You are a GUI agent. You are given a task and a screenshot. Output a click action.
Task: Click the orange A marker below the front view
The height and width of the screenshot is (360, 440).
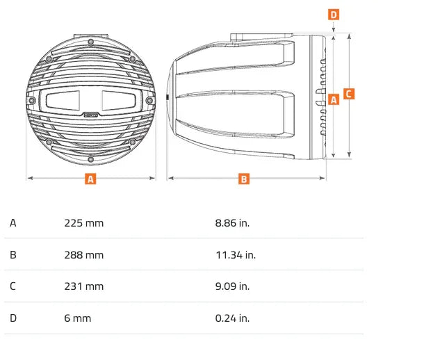[x=90, y=179]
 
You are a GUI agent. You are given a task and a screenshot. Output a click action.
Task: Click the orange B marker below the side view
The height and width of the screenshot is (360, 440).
[x=244, y=179]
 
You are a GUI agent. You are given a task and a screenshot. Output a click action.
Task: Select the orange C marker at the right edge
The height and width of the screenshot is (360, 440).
[x=350, y=94]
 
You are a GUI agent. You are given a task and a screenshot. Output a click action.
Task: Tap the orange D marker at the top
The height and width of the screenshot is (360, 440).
[x=334, y=14]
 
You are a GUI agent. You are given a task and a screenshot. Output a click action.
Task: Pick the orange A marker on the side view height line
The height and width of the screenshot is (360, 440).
[x=334, y=99]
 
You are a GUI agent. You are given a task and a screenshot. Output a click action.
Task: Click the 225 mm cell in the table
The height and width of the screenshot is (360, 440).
[x=83, y=223]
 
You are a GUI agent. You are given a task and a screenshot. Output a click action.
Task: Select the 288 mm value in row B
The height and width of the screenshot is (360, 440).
[x=83, y=255]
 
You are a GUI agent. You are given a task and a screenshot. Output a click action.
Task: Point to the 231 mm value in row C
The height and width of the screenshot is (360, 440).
[x=83, y=286]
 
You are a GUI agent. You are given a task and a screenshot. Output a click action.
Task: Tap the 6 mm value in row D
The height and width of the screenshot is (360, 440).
[x=78, y=318]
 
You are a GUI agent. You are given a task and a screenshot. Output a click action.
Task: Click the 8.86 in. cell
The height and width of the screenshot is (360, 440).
[x=232, y=223]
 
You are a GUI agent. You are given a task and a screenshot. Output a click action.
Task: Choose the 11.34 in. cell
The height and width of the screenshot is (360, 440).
[x=236, y=255]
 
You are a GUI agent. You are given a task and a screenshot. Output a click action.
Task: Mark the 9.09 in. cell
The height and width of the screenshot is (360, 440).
[x=232, y=286]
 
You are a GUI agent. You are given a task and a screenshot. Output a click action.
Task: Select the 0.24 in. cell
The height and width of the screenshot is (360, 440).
[x=232, y=318]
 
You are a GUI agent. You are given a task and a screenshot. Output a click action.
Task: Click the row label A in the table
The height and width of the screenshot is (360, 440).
[x=13, y=223]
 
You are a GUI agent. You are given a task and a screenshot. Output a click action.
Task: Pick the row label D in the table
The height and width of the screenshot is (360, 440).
[x=13, y=318]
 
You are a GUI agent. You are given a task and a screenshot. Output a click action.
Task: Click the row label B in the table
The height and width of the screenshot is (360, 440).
[x=13, y=255]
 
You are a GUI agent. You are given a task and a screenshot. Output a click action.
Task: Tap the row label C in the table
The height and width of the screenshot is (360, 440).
[x=13, y=286]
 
